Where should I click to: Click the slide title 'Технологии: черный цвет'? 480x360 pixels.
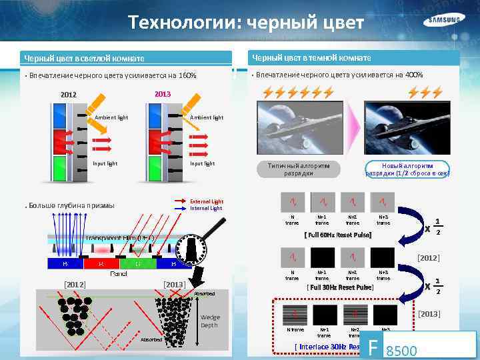point(247,24)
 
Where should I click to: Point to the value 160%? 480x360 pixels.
point(184,75)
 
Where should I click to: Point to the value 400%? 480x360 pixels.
point(411,74)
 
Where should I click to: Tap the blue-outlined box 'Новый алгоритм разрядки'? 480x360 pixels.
point(407,169)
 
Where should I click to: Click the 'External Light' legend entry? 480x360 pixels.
point(207,201)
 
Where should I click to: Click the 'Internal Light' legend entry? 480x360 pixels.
point(207,209)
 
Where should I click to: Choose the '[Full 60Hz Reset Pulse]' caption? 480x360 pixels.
point(337,235)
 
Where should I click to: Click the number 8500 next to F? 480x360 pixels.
point(401,349)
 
